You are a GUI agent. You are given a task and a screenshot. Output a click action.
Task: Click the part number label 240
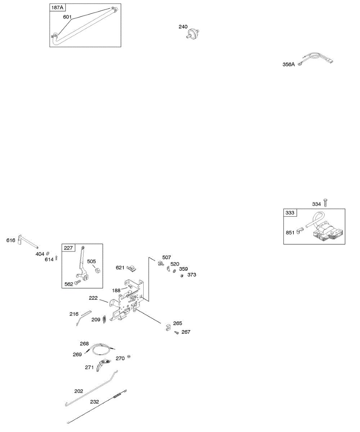[184, 27]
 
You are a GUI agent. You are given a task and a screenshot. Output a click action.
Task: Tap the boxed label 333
[290, 213]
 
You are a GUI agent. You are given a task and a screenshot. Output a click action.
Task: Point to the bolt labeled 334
[325, 202]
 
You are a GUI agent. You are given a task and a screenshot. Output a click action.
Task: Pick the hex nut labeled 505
[97, 270]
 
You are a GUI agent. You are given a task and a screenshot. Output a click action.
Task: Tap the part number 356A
[288, 64]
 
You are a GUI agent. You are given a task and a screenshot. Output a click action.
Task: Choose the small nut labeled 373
[182, 276]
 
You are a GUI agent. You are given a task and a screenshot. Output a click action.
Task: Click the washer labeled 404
[48, 254]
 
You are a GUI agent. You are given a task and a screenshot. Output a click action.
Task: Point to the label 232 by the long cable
[94, 402]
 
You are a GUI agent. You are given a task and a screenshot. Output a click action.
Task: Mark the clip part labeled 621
[132, 268]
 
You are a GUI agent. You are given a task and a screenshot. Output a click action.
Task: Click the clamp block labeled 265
[168, 328]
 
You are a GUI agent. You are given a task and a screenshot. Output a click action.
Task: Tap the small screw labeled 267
[177, 333]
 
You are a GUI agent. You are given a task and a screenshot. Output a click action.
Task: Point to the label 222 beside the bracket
[94, 298]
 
